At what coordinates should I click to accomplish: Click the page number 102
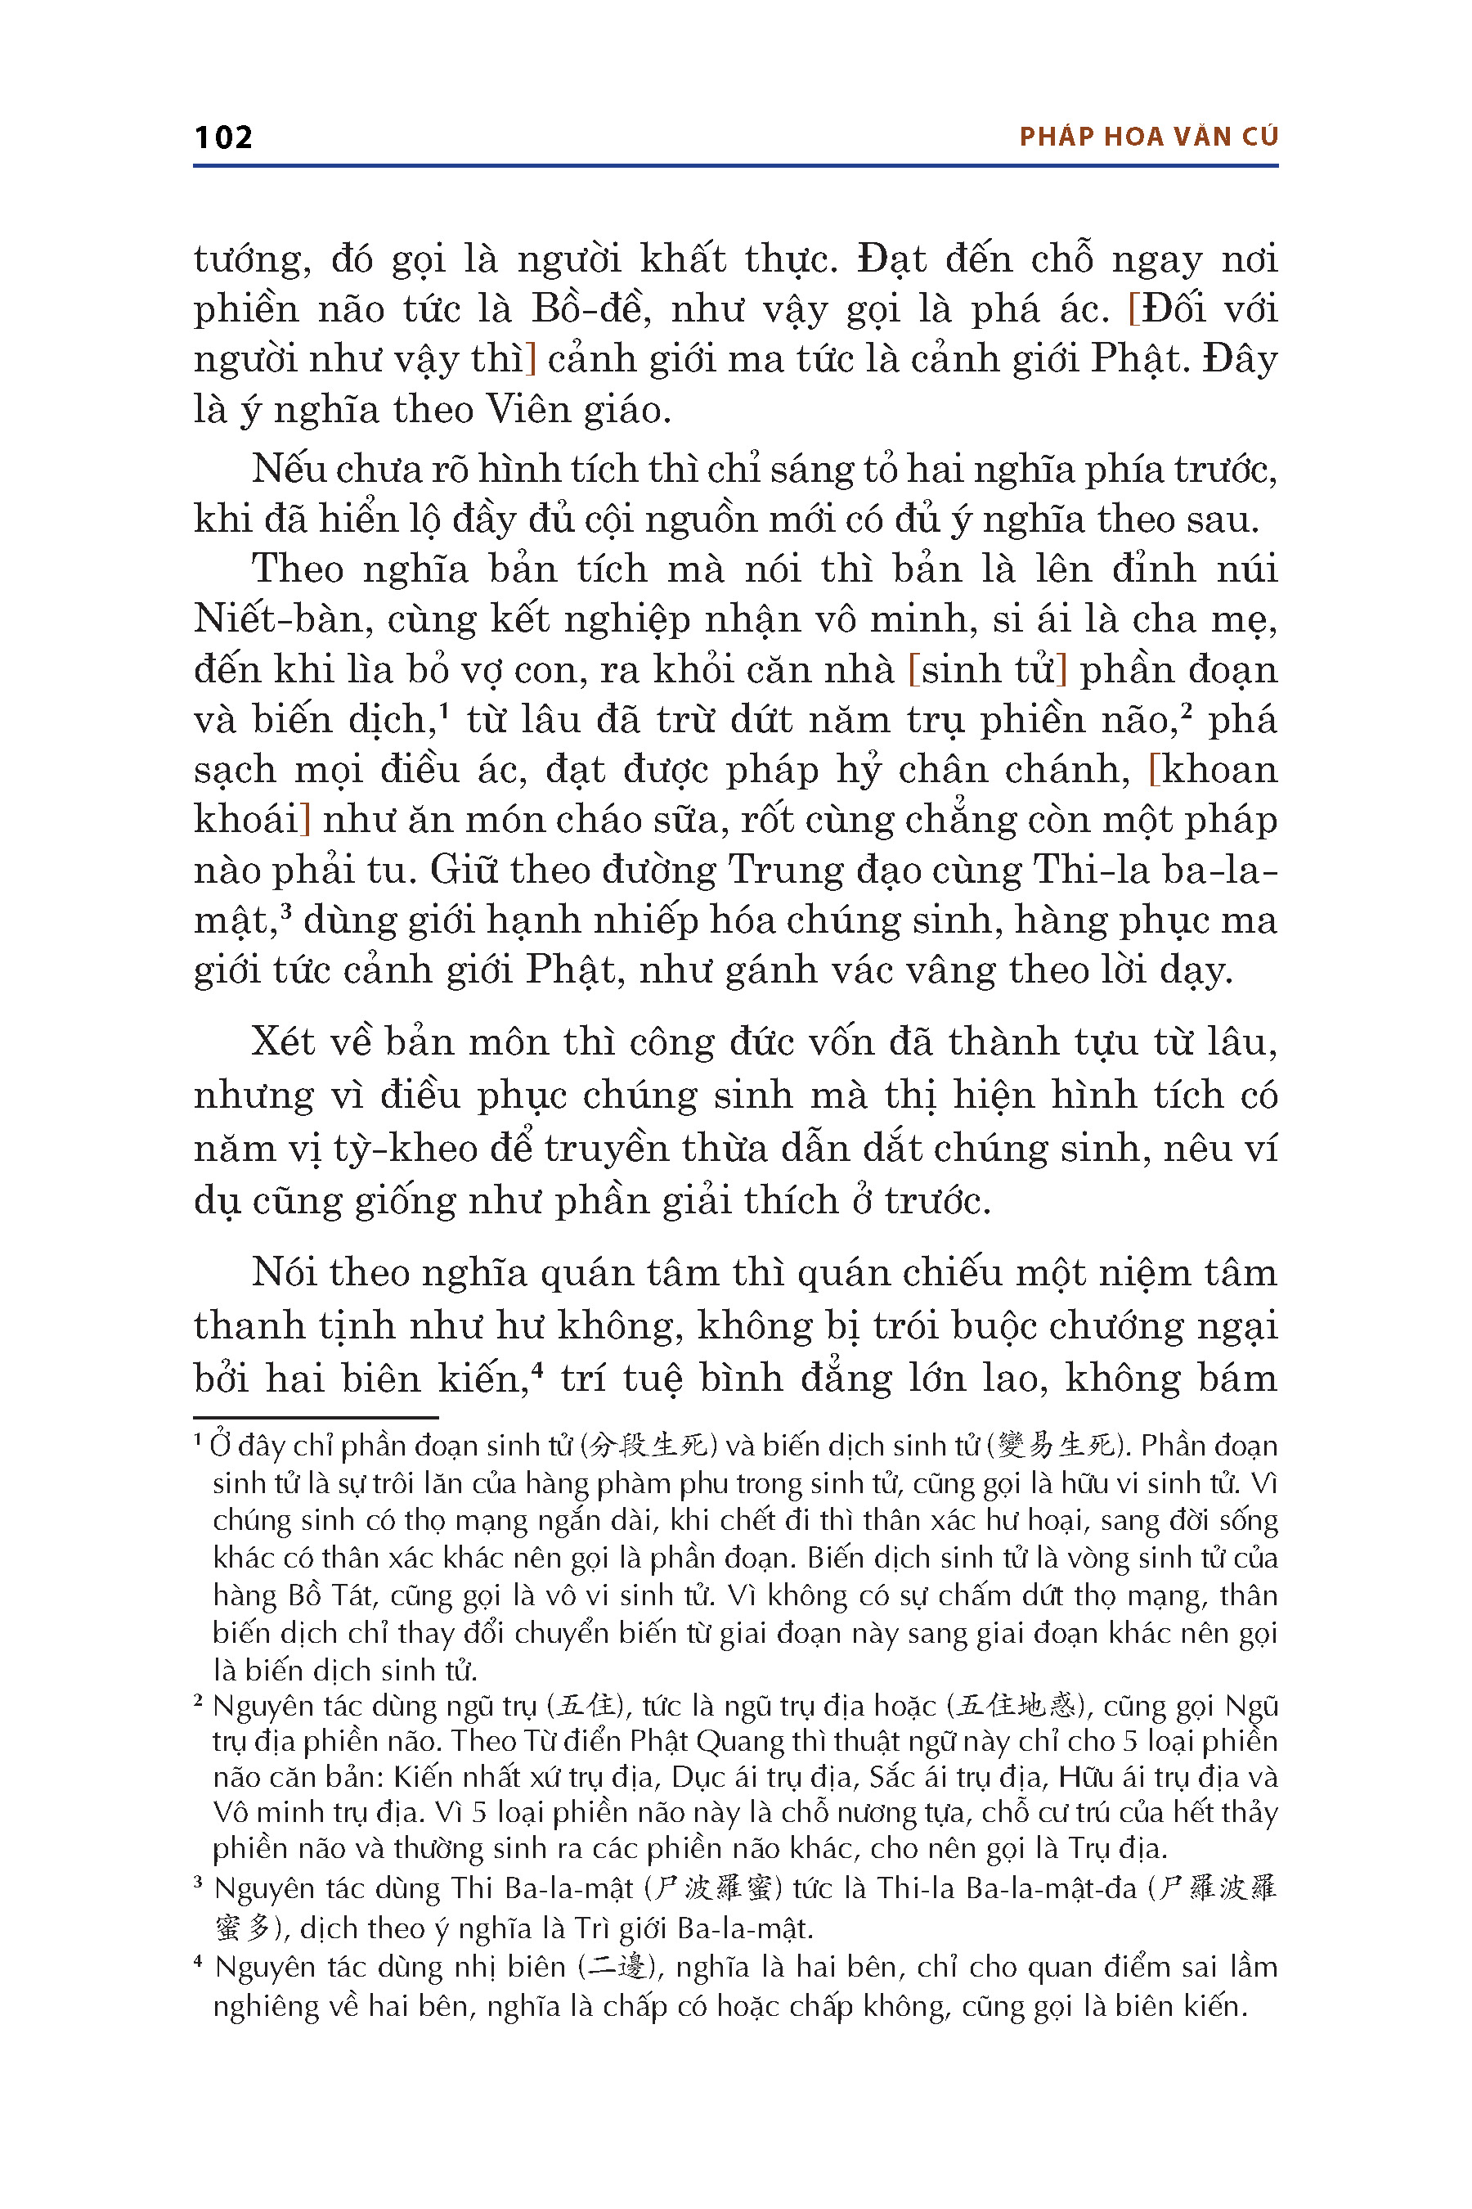point(223,138)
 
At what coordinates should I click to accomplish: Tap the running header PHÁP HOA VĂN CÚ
point(1148,137)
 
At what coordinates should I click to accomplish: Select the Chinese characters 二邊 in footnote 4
point(617,1968)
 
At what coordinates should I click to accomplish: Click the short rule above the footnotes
point(316,1416)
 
